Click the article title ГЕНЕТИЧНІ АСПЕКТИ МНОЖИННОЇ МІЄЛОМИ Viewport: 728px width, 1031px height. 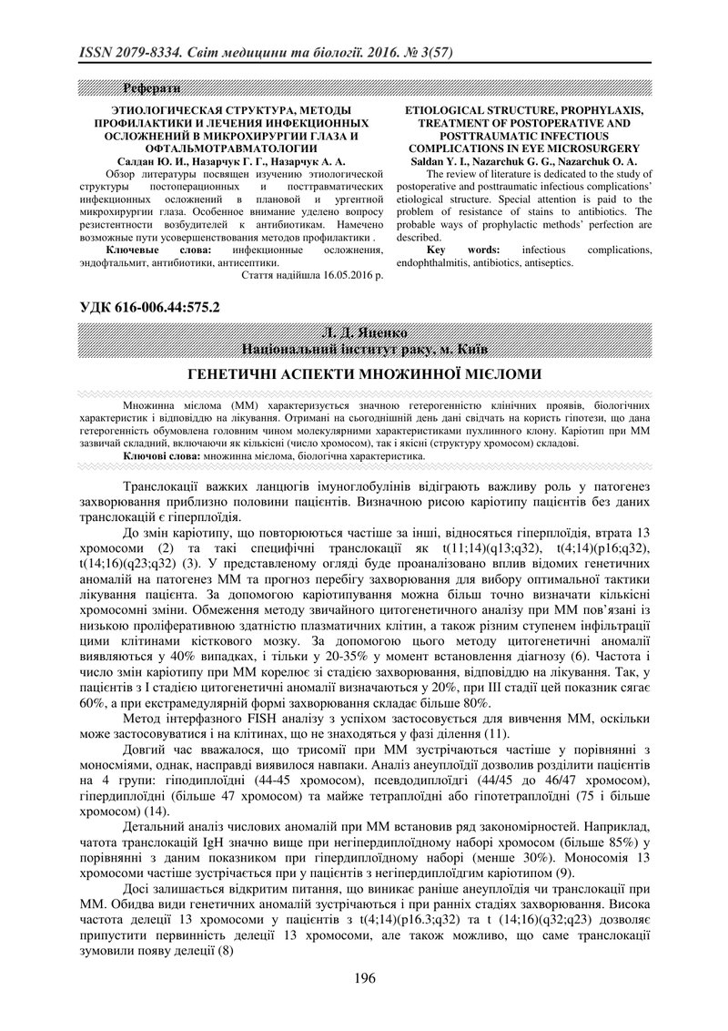click(364, 374)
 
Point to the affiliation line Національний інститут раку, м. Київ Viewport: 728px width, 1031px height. click(363, 349)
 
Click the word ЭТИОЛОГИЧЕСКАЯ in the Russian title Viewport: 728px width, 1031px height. click(152, 110)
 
